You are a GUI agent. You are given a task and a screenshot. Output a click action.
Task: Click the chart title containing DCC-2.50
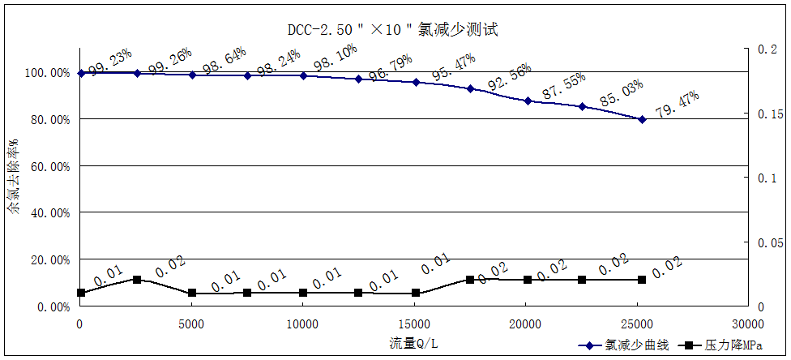(x=392, y=30)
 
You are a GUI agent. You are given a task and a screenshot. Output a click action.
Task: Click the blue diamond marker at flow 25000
(x=642, y=119)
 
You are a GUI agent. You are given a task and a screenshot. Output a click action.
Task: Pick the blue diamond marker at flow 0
(x=81, y=73)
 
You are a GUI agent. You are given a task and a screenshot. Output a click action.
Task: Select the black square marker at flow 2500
(x=137, y=280)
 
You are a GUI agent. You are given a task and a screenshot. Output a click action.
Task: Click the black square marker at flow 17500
(x=470, y=280)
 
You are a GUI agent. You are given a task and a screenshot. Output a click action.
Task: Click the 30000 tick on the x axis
(x=747, y=324)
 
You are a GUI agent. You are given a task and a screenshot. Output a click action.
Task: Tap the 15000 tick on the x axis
(x=414, y=324)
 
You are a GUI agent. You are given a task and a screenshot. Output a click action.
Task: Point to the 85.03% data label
(x=621, y=93)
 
